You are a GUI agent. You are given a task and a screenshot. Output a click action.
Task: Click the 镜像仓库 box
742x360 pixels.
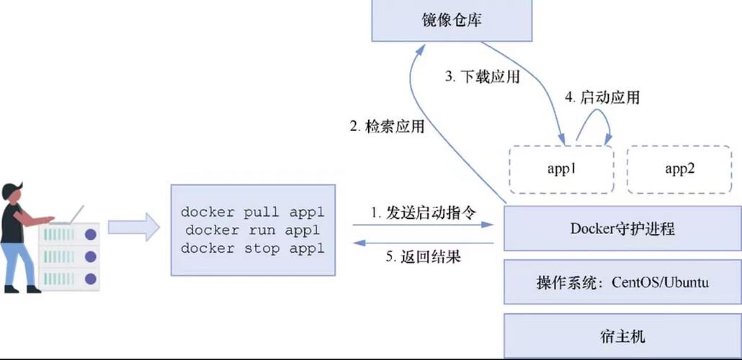(452, 20)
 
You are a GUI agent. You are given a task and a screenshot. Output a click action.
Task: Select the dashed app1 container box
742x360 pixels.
(561, 169)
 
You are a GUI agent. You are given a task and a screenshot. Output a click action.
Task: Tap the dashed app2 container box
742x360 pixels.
(679, 169)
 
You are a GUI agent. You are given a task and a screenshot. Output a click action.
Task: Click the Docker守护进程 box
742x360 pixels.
(622, 229)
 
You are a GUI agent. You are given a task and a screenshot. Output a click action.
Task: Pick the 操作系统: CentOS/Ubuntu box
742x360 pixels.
(622, 282)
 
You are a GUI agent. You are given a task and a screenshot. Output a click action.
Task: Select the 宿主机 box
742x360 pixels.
(622, 336)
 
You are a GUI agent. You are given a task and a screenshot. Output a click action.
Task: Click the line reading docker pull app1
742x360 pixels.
(252, 212)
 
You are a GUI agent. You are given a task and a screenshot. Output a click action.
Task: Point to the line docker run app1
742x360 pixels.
(252, 230)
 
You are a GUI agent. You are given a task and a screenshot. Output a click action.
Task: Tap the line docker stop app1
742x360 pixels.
(252, 249)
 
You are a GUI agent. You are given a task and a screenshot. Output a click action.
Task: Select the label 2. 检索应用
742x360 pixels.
(387, 127)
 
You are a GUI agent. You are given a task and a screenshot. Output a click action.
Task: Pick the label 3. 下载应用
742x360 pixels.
(481, 77)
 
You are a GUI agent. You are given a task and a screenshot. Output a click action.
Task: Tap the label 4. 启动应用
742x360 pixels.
(602, 97)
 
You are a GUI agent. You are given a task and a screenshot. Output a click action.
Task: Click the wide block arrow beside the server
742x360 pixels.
(134, 227)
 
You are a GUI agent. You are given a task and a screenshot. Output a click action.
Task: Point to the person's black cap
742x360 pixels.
(13, 190)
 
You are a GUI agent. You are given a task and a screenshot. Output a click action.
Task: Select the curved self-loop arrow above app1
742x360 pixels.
(594, 122)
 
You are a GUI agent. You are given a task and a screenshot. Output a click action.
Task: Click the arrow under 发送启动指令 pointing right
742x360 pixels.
(424, 225)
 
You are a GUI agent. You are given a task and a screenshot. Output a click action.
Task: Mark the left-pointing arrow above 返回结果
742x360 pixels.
(424, 243)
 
